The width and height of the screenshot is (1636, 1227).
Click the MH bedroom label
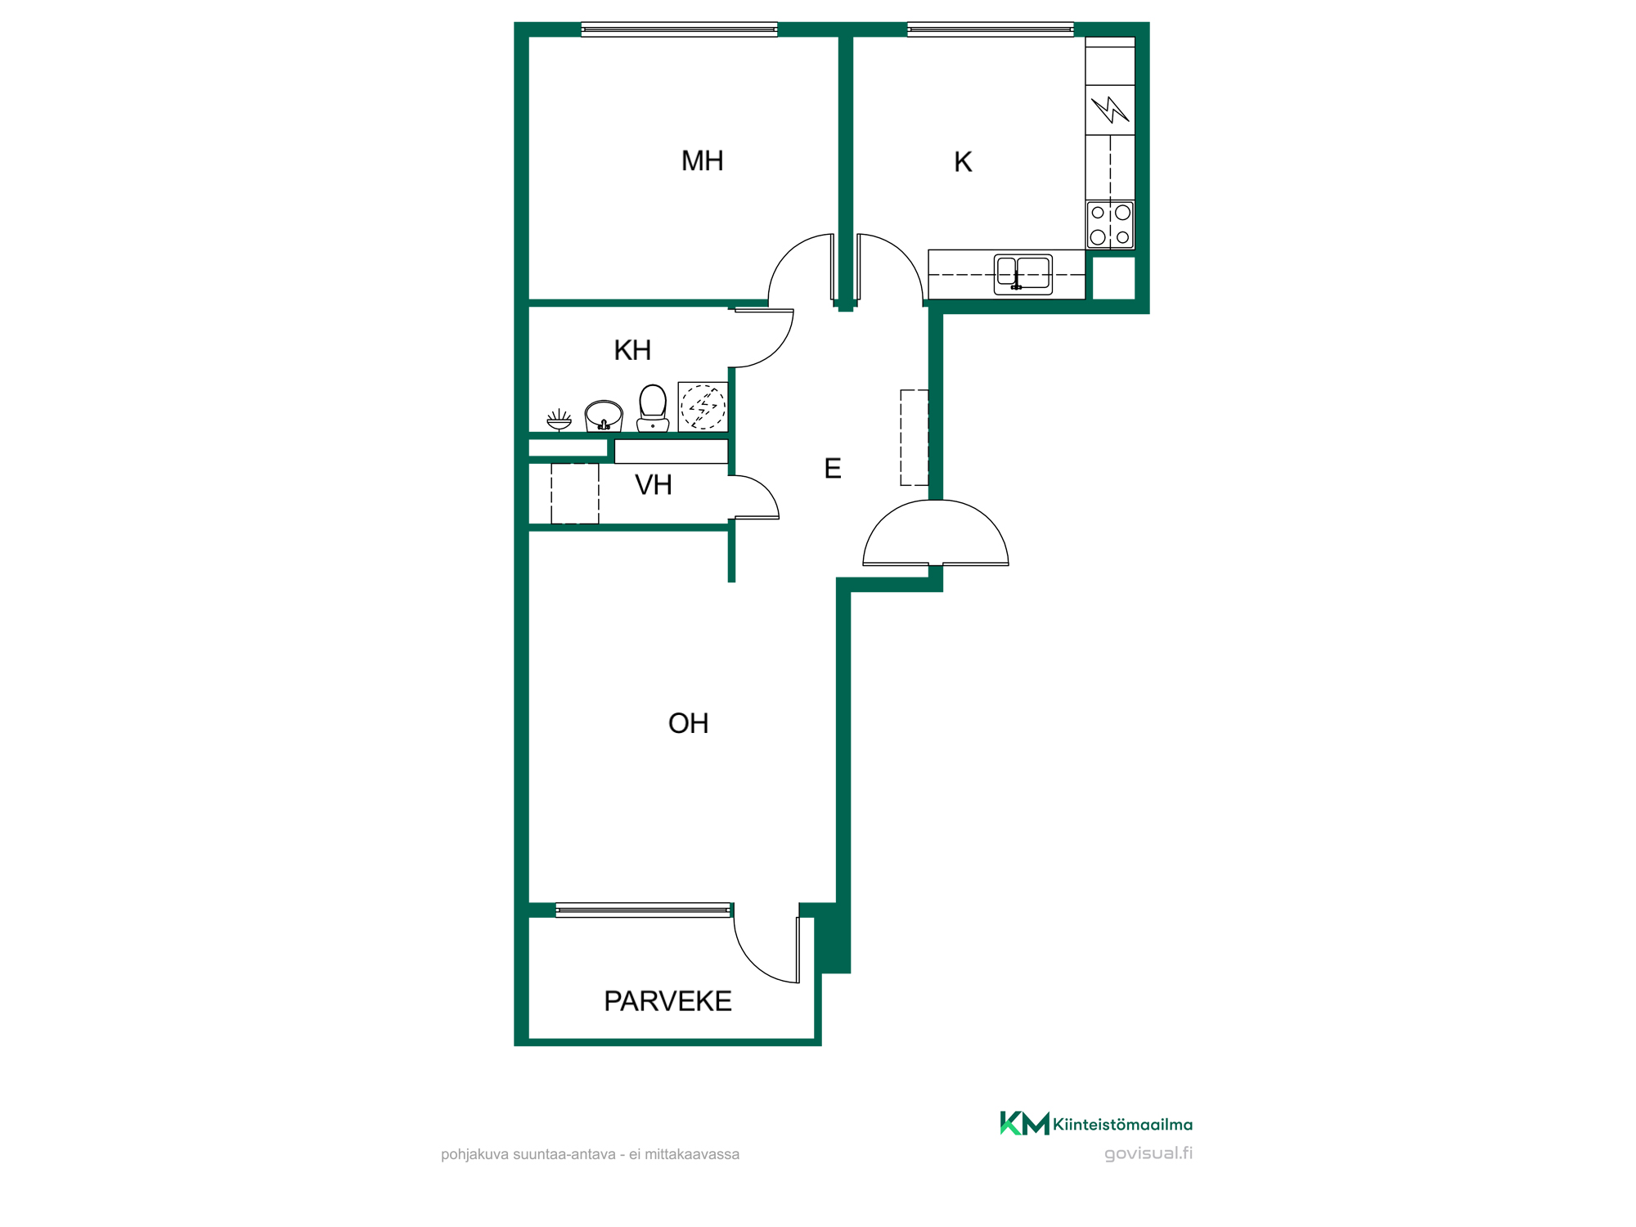click(702, 161)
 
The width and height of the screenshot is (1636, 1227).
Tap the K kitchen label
click(963, 162)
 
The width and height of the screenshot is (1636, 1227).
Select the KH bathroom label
click(632, 350)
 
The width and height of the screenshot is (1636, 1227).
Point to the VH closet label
click(653, 485)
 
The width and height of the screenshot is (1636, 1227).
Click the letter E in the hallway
click(833, 469)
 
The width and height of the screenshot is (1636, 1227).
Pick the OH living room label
click(688, 723)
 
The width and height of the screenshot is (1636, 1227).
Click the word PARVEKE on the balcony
click(667, 1001)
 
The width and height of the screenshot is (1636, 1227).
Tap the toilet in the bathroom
click(653, 407)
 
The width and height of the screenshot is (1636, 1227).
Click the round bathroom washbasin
click(604, 416)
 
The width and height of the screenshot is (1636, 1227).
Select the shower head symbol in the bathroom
click(560, 420)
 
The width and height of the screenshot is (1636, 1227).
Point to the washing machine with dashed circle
click(703, 407)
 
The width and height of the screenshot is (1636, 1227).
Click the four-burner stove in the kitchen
click(1110, 225)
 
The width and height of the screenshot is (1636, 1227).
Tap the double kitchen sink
click(1023, 274)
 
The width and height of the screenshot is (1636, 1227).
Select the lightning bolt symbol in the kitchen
click(1110, 110)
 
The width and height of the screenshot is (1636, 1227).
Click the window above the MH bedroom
click(679, 30)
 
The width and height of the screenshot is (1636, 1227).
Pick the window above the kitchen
click(991, 30)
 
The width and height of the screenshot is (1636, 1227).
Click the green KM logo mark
click(1025, 1123)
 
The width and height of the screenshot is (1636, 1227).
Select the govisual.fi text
click(1148, 1153)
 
